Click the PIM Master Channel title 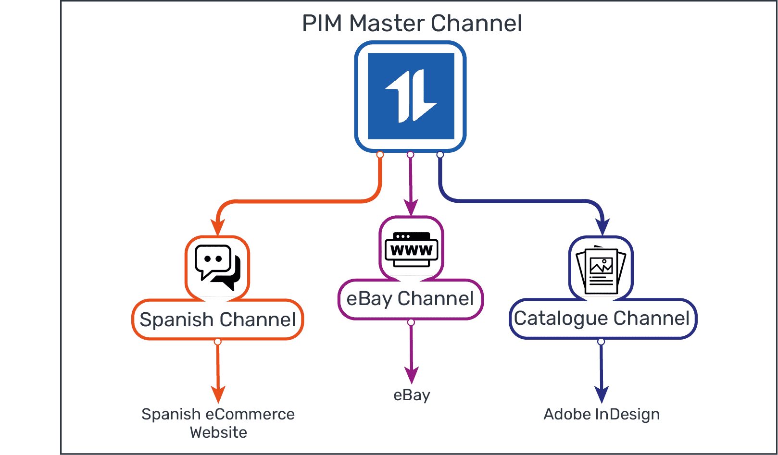click(412, 23)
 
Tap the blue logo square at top click(411, 96)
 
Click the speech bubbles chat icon click(217, 267)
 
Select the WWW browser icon click(411, 249)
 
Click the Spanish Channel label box click(217, 320)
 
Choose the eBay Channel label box click(410, 299)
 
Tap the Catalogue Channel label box click(602, 319)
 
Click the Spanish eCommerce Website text click(218, 423)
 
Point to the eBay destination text click(412, 395)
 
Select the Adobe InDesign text click(601, 414)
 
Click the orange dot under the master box click(380, 154)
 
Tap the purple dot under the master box click(410, 154)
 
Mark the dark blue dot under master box click(440, 154)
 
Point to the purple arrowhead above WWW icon click(411, 208)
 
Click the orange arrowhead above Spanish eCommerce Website click(218, 394)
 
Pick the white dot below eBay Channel click(411, 322)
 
